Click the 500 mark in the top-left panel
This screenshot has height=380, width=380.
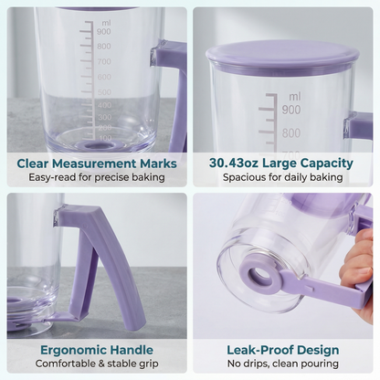point(104,92)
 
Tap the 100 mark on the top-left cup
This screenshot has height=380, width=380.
point(105,138)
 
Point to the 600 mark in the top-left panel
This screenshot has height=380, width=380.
point(104,77)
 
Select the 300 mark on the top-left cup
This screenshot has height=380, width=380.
point(105,117)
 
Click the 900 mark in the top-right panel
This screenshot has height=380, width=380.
point(291,110)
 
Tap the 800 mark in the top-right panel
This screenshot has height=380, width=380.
point(291,133)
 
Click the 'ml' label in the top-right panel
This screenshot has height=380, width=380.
point(294,97)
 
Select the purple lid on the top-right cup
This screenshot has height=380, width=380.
point(282,58)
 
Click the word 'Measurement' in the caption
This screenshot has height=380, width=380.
point(93,164)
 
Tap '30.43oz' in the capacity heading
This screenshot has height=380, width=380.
point(234,163)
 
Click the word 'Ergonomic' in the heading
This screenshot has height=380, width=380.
point(73,350)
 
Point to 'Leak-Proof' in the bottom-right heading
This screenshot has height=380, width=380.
point(260,350)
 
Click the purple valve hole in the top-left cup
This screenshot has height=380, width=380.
point(94,145)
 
